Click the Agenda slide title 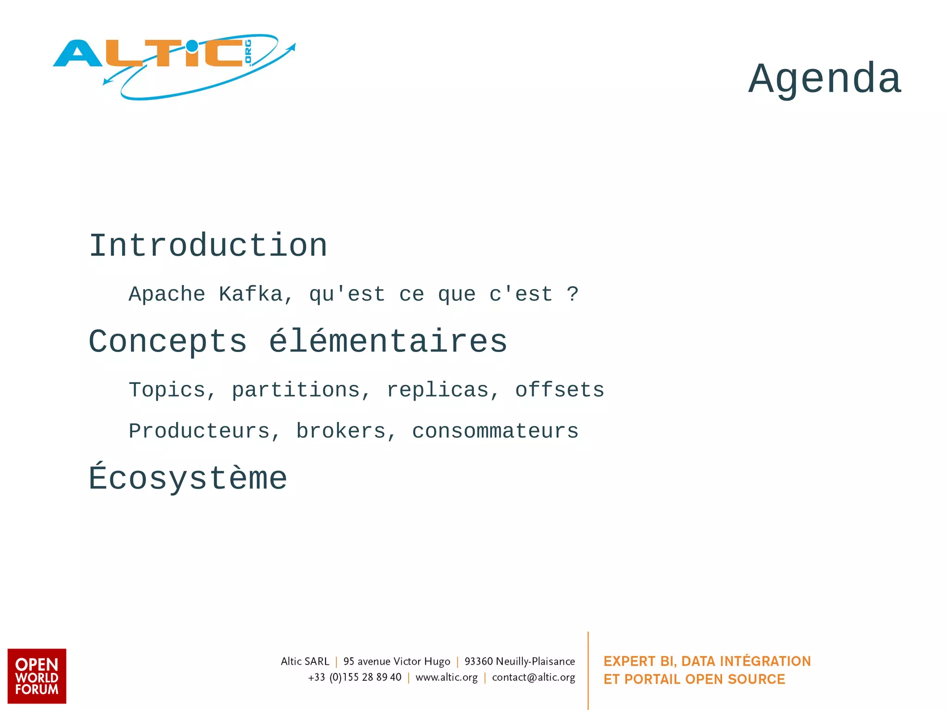tap(824, 78)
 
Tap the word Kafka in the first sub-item tap(251, 295)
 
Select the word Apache tap(167, 295)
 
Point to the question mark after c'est tap(572, 295)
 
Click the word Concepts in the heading tap(168, 342)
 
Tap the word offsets tap(560, 390)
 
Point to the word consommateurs tap(495, 432)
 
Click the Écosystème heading tap(188, 479)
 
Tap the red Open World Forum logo tap(37, 676)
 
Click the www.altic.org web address tap(446, 678)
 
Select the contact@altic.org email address tap(534, 678)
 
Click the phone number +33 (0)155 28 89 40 tap(355, 678)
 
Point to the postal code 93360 tap(479, 661)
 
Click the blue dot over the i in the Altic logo tap(191, 46)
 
